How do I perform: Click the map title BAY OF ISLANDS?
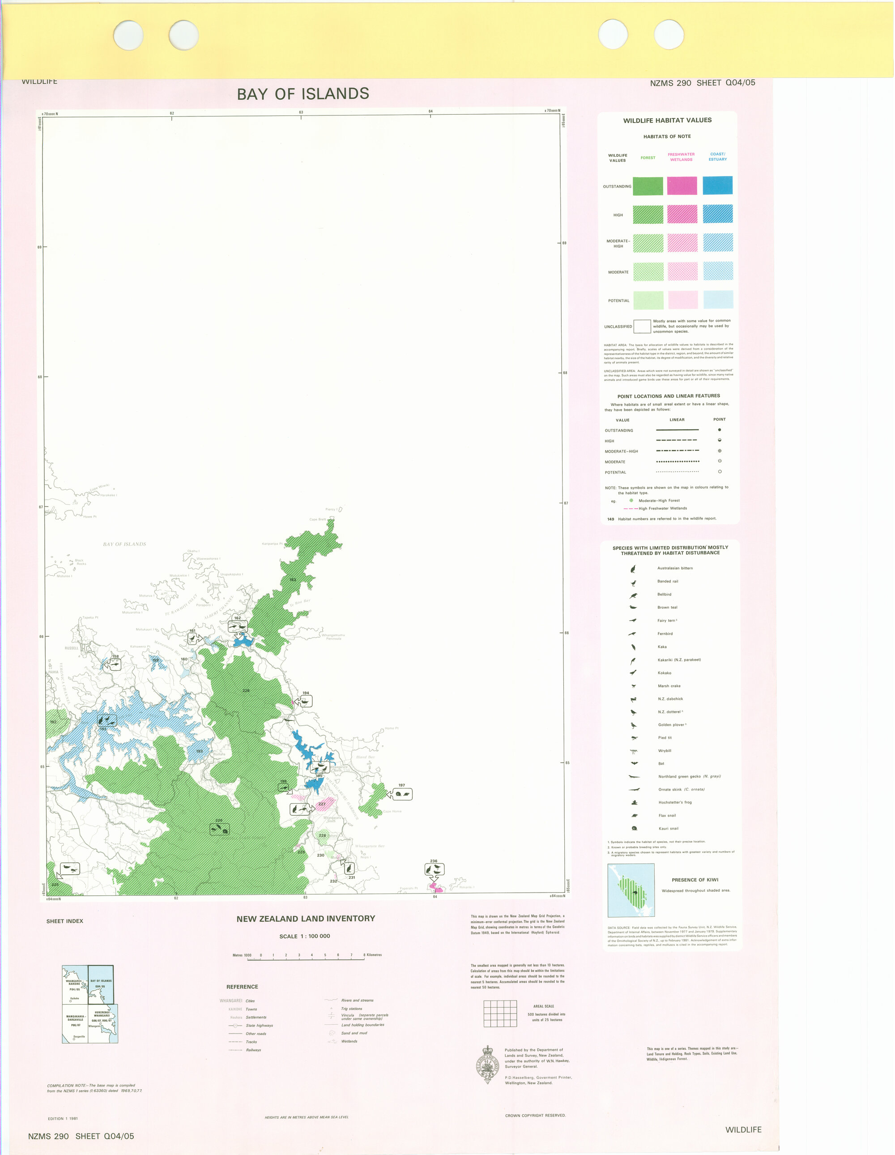[x=303, y=94]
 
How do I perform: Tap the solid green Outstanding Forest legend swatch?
[x=648, y=186]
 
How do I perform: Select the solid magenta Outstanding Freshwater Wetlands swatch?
[x=682, y=186]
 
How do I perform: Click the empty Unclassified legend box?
[x=642, y=326]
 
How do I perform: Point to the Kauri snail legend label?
[x=668, y=828]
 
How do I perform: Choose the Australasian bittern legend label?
[x=674, y=568]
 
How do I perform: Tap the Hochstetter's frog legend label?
[x=674, y=802]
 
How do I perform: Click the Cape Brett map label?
[x=318, y=519]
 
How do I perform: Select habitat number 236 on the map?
[x=434, y=861]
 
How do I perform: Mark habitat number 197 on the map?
[x=402, y=785]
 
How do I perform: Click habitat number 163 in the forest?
[x=293, y=580]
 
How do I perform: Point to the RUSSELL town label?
[x=71, y=648]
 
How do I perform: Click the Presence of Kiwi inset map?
[x=631, y=890]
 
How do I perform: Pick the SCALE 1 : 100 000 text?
[x=304, y=936]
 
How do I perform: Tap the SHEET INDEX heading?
[x=64, y=921]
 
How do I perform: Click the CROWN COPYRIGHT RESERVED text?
[x=535, y=1115]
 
